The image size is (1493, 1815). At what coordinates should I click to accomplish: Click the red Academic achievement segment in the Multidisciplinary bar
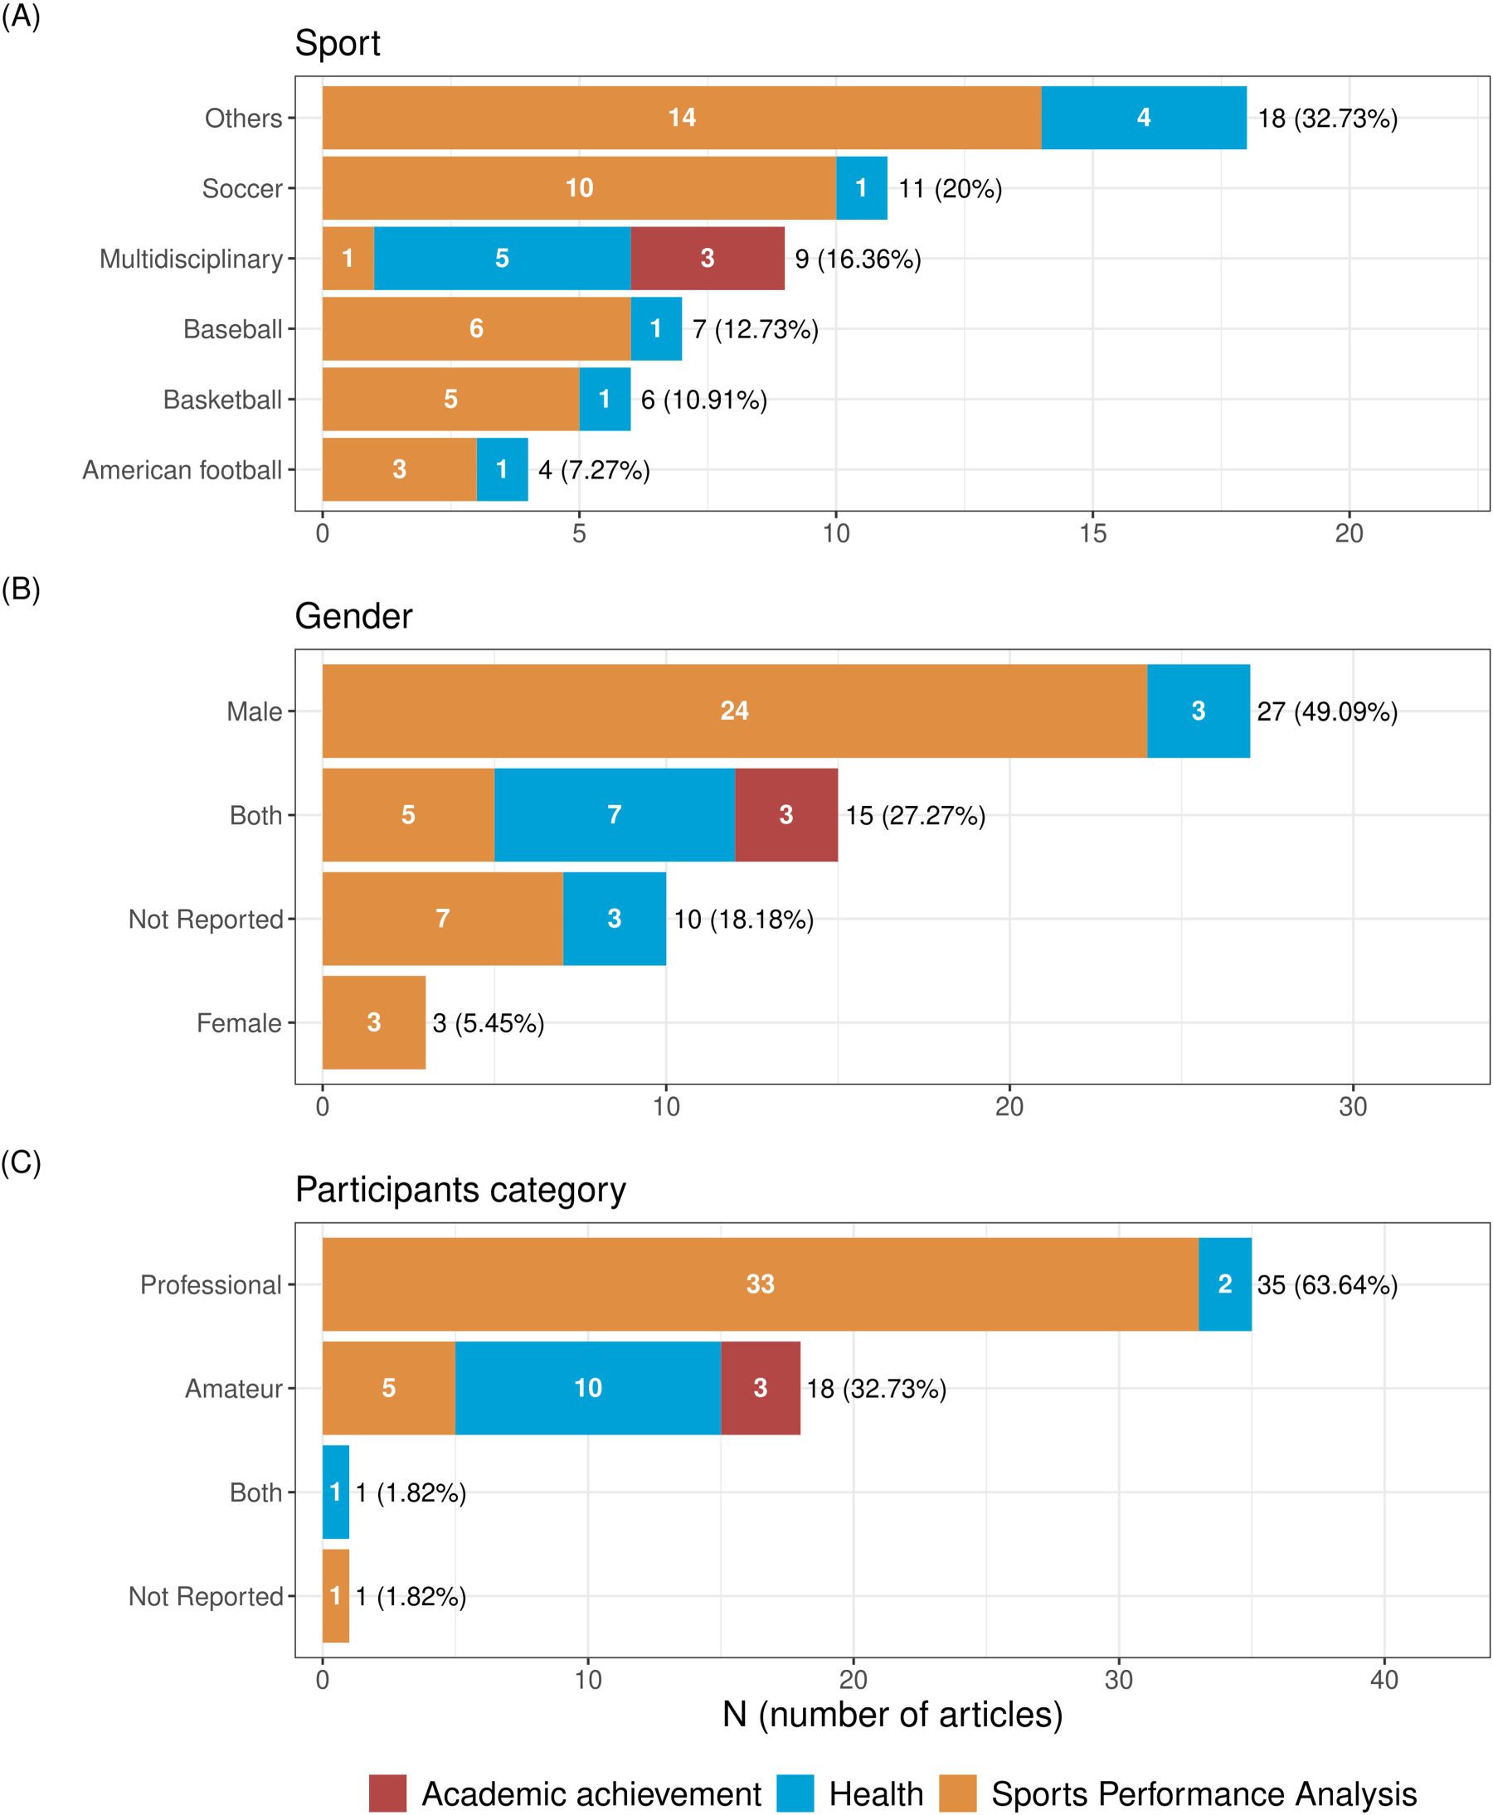(x=707, y=258)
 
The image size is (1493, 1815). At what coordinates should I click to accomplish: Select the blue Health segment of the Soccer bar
(x=862, y=187)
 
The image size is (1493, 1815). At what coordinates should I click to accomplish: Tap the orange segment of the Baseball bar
(x=476, y=328)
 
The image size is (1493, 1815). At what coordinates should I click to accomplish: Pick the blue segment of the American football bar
(x=503, y=469)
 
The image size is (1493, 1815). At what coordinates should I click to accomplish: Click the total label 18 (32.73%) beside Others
(x=1327, y=118)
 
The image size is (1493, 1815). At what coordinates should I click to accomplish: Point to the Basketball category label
(x=223, y=400)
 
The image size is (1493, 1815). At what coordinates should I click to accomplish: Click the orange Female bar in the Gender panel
(x=374, y=1022)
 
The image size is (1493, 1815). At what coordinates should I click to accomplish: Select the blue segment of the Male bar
(x=1198, y=711)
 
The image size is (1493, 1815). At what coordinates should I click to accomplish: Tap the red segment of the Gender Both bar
(x=786, y=815)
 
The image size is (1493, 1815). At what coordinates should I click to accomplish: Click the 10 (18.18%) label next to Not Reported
(x=743, y=919)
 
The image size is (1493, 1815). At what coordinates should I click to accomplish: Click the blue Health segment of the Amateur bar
(x=588, y=1388)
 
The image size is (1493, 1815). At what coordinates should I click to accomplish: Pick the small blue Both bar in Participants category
(x=335, y=1492)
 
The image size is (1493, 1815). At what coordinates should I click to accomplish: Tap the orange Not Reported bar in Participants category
(x=335, y=1596)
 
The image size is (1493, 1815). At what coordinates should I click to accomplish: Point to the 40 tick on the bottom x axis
(x=1384, y=1680)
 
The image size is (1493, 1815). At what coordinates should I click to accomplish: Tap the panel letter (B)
(x=21, y=589)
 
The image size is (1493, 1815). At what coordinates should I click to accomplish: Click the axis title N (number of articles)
(x=892, y=1715)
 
